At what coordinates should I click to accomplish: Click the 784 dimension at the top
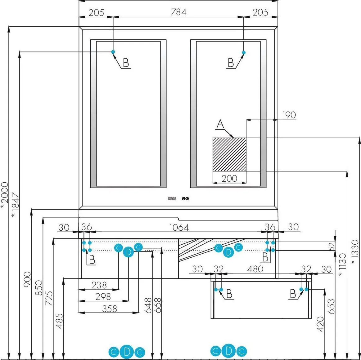(178, 12)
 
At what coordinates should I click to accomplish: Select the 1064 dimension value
(179, 228)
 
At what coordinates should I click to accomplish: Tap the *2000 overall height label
(4, 196)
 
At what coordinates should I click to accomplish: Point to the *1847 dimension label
(16, 205)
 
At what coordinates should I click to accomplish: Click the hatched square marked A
(229, 154)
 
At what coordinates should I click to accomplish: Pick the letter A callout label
(220, 124)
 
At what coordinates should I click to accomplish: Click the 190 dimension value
(289, 115)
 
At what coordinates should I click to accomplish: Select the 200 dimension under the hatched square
(229, 179)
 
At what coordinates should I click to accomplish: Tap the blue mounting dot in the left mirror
(113, 52)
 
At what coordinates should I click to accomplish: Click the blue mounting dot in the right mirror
(244, 52)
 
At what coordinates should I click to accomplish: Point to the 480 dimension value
(255, 269)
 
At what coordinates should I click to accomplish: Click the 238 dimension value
(99, 285)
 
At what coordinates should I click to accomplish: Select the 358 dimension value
(109, 309)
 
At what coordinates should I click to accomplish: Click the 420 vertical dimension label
(320, 324)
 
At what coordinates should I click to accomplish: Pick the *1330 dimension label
(355, 252)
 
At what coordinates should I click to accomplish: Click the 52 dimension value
(331, 247)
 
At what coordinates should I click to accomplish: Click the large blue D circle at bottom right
(229, 351)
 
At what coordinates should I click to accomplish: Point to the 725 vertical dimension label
(49, 298)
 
